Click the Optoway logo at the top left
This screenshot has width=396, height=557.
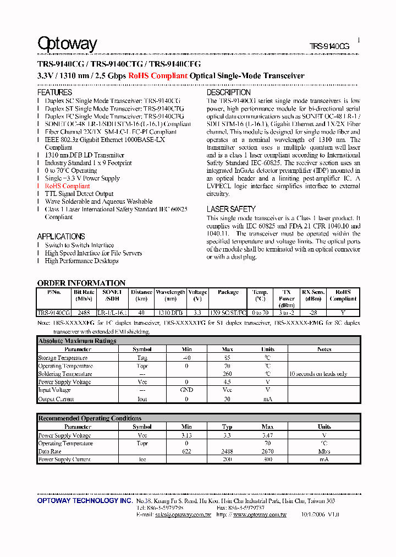tap(67, 44)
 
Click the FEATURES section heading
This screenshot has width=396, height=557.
tap(54, 92)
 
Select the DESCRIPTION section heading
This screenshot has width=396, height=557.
tap(228, 92)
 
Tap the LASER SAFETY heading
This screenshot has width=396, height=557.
tap(231, 209)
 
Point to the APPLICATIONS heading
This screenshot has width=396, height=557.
tap(61, 236)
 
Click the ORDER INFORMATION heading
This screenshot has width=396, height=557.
tap(81, 283)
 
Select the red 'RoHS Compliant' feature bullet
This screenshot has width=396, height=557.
tap(67, 186)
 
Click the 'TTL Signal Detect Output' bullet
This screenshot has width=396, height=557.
tap(79, 194)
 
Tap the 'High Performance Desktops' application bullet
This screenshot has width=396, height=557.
tap(81, 261)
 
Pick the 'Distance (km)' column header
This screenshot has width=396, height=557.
tap(141, 296)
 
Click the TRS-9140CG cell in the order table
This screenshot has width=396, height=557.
tap(53, 313)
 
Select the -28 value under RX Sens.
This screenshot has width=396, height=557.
tap(313, 313)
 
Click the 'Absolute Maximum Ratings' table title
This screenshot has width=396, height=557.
tap(78, 341)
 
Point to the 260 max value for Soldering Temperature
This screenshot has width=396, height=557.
tap(227, 374)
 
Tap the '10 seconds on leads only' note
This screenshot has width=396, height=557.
tap(318, 374)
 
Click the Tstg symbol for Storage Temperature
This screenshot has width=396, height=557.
tap(142, 358)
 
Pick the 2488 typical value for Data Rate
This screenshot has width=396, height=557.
tap(227, 451)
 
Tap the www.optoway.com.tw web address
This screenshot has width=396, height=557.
tap(260, 515)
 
